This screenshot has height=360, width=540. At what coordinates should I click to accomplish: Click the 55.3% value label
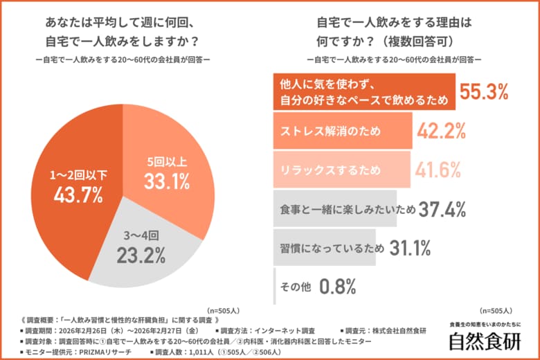click(x=485, y=92)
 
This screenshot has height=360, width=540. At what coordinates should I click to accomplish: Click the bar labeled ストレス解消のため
click(x=343, y=131)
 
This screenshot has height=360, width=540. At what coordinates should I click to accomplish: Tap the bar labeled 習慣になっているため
click(x=325, y=247)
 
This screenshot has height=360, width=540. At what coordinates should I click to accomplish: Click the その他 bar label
click(x=294, y=285)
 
